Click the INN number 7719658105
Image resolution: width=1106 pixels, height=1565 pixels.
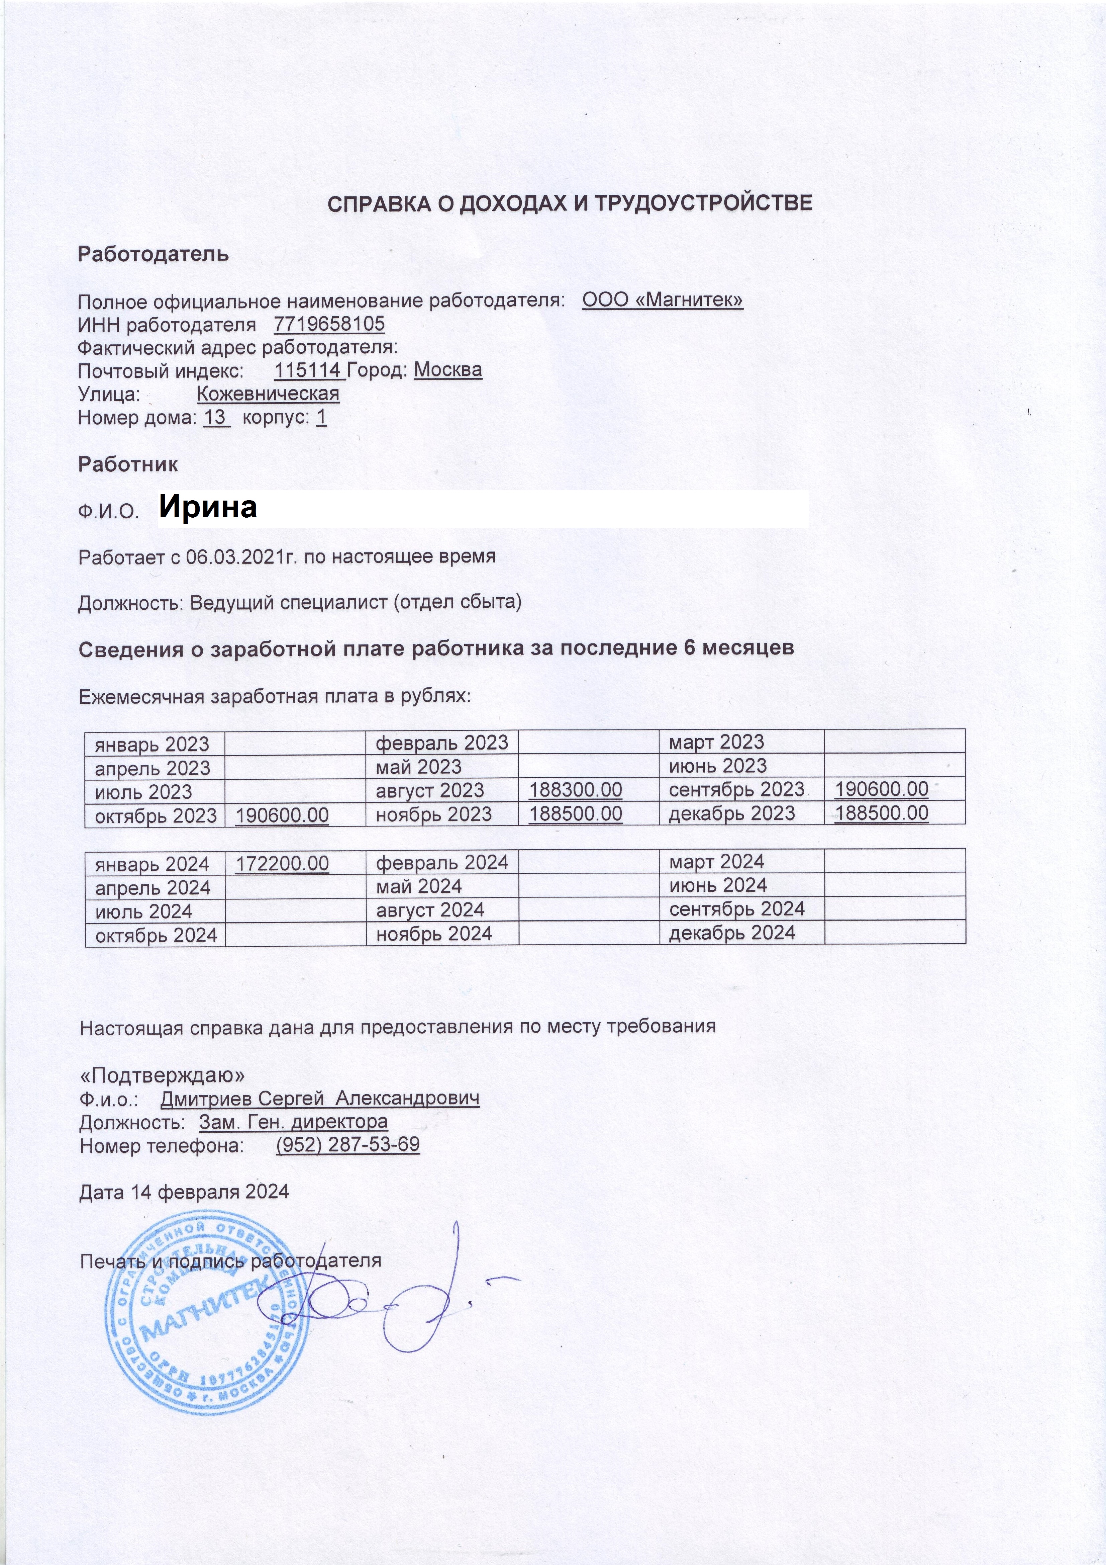point(329,324)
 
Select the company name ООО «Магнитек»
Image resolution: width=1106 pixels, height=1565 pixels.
point(663,300)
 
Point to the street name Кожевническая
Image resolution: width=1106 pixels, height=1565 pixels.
point(268,394)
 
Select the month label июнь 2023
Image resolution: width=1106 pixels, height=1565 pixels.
point(718,766)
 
